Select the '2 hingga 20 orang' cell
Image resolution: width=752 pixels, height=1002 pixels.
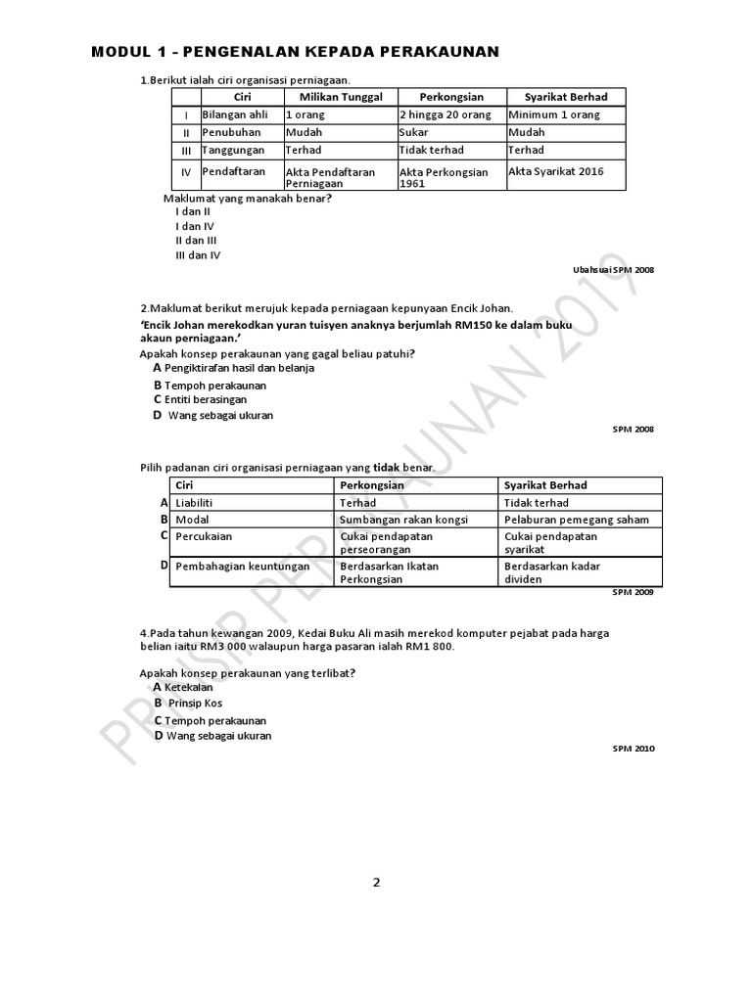(x=444, y=114)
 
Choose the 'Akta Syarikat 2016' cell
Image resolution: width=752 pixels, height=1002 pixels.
(x=556, y=171)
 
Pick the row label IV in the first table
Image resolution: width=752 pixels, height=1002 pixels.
(x=186, y=173)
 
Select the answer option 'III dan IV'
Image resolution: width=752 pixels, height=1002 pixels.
(x=198, y=254)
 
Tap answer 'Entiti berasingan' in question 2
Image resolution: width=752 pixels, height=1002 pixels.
(x=206, y=399)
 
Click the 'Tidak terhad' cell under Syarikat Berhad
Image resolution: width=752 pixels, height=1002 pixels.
(x=536, y=503)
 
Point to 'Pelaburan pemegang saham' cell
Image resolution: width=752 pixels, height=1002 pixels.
(x=577, y=520)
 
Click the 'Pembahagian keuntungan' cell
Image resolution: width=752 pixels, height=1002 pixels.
(x=242, y=566)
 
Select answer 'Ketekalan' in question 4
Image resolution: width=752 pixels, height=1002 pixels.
(x=189, y=688)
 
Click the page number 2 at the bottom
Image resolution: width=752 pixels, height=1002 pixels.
(x=376, y=882)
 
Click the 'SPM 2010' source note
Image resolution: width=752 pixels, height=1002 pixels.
(x=634, y=749)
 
